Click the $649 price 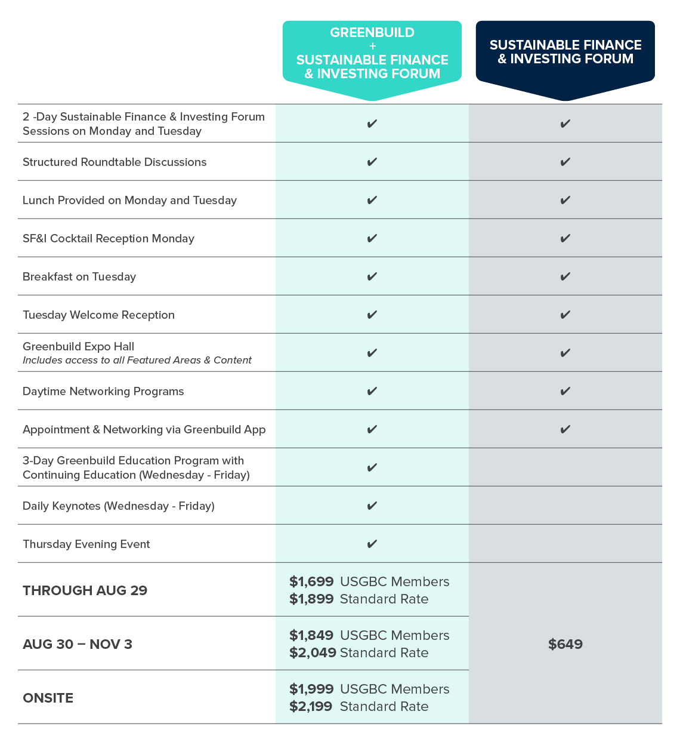click(565, 644)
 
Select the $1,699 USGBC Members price click(311, 581)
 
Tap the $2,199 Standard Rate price click(311, 706)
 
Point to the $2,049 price click(313, 652)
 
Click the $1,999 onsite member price click(311, 689)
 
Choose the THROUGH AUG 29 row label click(85, 590)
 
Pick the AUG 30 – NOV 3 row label click(78, 644)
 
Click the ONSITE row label click(48, 698)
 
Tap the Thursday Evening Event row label click(86, 544)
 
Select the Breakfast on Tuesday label click(79, 276)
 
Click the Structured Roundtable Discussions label click(115, 162)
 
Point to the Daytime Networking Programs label click(103, 391)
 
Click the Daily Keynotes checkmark click(372, 506)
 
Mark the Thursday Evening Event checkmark click(372, 544)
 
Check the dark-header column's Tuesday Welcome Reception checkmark click(565, 315)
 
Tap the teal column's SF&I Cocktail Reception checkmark click(372, 238)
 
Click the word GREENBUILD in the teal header click(372, 33)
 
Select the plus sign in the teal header click(372, 46)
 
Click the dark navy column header click(565, 52)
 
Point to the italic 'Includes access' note click(137, 360)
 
